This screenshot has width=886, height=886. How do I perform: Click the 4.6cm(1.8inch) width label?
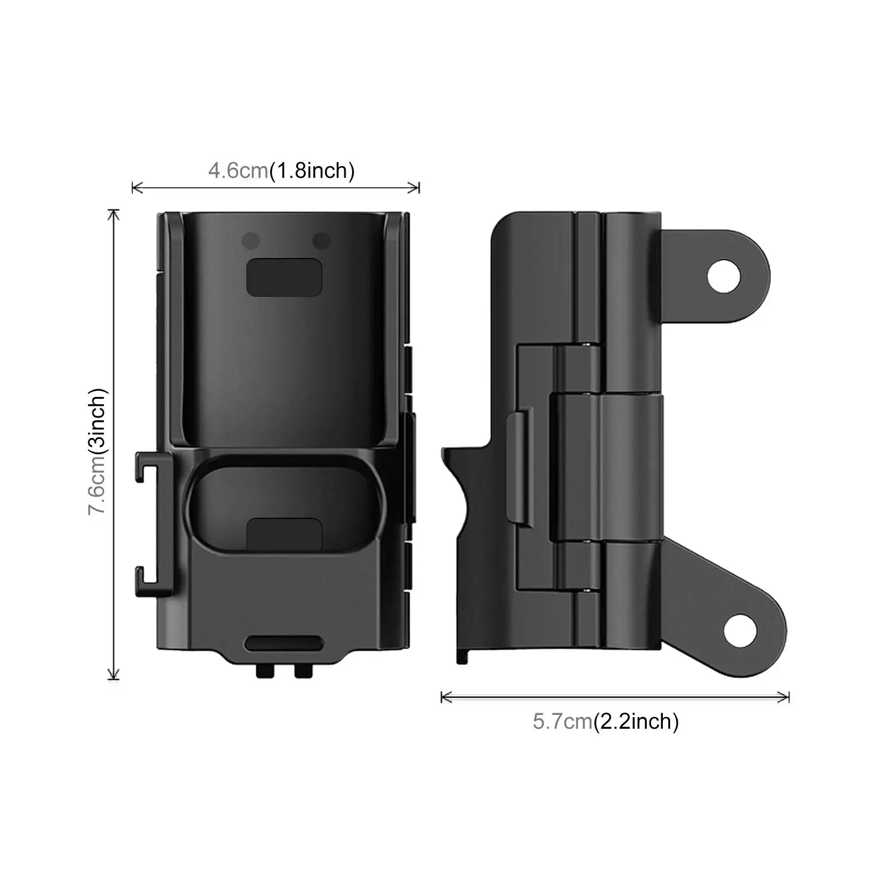point(281,170)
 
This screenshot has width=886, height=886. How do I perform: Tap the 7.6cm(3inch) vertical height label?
point(98,451)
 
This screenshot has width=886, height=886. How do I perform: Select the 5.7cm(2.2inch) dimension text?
point(605,722)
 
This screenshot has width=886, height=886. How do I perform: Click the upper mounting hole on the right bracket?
point(725,275)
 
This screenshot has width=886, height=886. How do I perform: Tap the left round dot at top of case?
point(250,241)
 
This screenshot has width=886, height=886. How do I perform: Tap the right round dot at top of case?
point(321,241)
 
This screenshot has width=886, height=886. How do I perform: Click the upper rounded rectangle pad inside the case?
point(284,277)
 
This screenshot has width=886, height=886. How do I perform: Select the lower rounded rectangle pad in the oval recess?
point(284,535)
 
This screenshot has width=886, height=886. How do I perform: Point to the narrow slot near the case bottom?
point(284,643)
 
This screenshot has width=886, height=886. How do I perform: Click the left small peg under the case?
point(265,671)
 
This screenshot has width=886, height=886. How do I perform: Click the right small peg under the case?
point(303,671)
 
